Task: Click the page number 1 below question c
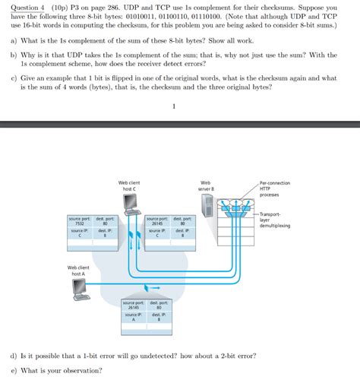[174, 106]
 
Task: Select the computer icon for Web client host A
[79, 287]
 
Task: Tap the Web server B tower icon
[205, 204]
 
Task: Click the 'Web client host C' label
[129, 185]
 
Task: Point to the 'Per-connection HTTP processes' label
[274, 188]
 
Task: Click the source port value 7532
[78, 224]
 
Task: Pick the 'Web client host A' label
[78, 270]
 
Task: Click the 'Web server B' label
[205, 185]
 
